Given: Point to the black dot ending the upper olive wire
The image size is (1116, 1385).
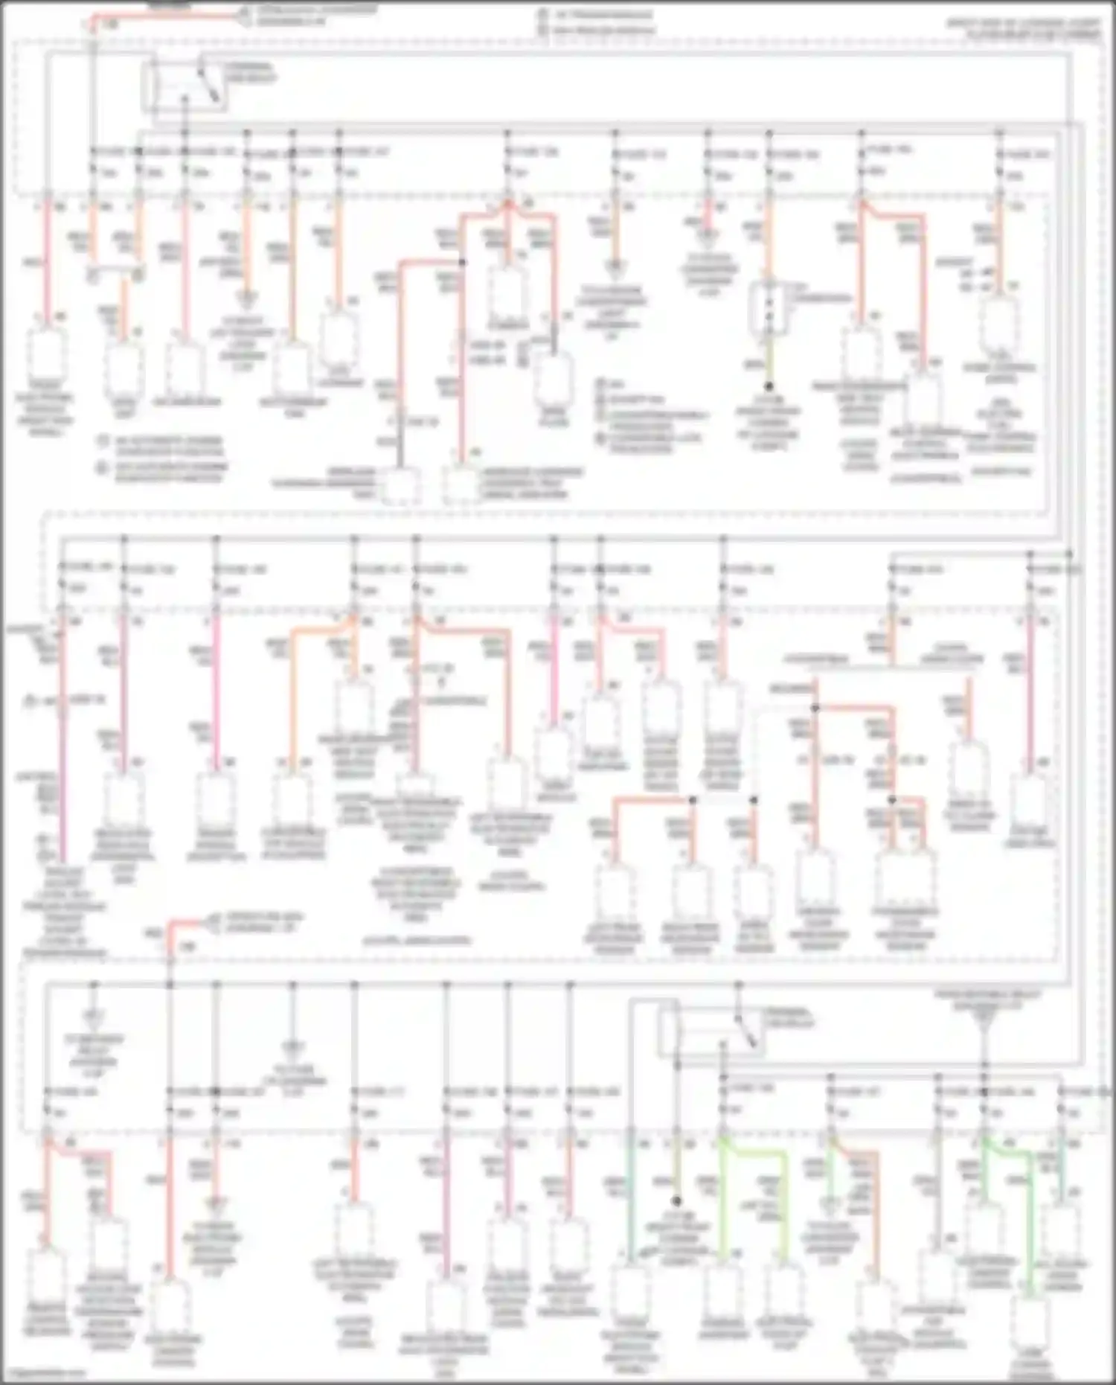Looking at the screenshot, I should point(769,386).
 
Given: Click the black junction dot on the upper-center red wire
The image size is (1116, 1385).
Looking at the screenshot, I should point(461,262).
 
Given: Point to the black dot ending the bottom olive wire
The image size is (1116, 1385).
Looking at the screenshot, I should point(677,1200).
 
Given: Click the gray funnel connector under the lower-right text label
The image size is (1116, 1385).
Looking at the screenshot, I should point(984,1026).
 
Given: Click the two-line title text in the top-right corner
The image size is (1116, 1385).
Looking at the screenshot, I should point(1023,29).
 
